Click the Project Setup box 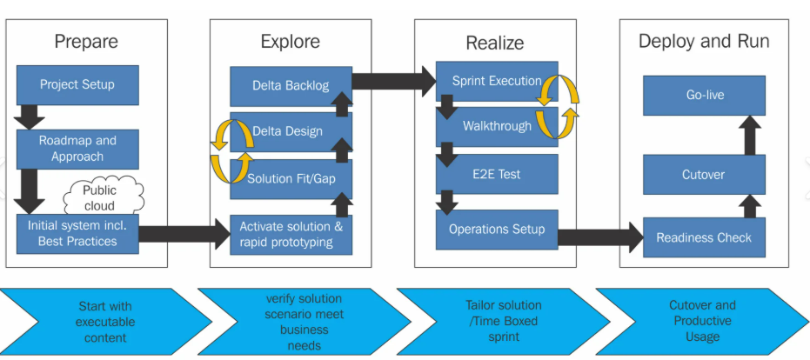point(77,85)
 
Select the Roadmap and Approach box point(77,149)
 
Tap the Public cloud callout point(99,197)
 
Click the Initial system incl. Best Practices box point(77,234)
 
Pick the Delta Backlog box point(291,86)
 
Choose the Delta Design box point(291,131)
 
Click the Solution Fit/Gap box point(291,179)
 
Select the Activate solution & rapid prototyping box point(291,234)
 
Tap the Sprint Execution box point(497,81)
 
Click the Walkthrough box point(497,126)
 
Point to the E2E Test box point(497,174)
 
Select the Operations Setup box point(497,230)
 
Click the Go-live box point(704,95)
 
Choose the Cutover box point(704,175)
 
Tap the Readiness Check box point(704,237)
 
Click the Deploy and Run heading point(704,42)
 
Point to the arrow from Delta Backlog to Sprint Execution point(394,81)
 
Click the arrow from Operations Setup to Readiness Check point(599,236)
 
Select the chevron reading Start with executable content point(104,322)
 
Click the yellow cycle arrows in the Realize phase point(557,103)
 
